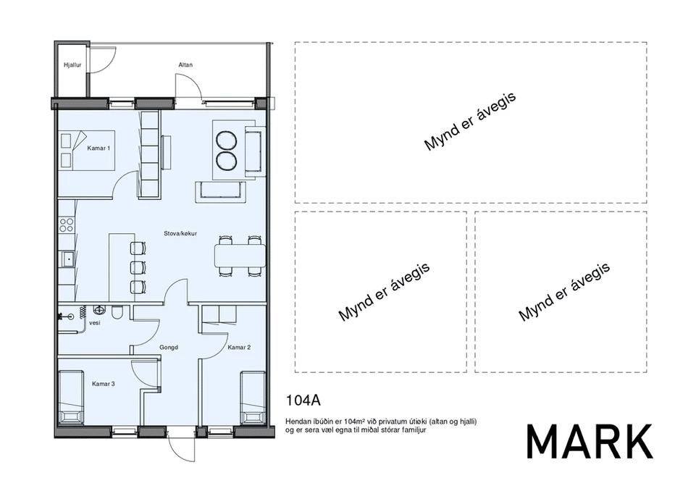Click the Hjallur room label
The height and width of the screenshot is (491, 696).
72,65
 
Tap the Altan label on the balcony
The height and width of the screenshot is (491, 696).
185,65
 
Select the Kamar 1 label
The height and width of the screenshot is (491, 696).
98,148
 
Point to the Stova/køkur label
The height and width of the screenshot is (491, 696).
180,233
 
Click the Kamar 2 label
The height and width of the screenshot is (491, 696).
239,347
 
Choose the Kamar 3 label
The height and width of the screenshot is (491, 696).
104,384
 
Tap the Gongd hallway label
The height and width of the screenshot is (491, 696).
169,347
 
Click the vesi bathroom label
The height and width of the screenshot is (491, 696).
95,323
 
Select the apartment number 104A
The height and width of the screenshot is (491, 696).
303,400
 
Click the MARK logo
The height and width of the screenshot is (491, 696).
590,442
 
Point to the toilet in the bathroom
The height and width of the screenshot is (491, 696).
117,311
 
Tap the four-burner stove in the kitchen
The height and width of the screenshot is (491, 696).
67,225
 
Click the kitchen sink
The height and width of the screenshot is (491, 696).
67,259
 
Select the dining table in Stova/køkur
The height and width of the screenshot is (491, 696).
240,256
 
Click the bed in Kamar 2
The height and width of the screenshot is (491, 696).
253,398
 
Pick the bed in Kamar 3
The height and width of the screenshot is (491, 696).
71,398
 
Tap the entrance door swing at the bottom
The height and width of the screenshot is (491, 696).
182,448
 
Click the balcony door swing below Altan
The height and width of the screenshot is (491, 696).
188,87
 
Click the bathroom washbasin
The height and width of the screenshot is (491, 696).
98,309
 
